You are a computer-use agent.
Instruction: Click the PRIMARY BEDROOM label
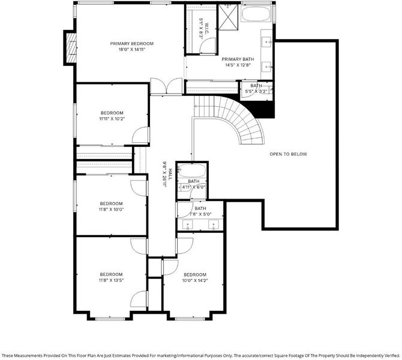click(132, 44)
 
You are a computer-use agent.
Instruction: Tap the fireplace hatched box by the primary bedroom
click(71, 47)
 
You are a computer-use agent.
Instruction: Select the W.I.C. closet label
click(206, 28)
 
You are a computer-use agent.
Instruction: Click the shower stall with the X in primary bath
click(229, 17)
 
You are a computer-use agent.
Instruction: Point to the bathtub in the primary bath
click(256, 14)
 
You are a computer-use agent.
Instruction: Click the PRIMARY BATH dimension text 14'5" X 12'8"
click(238, 65)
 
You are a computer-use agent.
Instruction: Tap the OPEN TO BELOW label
click(288, 154)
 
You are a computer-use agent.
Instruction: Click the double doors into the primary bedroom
click(166, 86)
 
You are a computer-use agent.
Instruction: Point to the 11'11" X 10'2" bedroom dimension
click(112, 119)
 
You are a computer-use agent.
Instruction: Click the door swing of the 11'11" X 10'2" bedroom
click(140, 135)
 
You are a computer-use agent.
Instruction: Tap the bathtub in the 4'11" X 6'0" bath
click(192, 170)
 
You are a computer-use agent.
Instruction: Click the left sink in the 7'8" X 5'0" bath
click(187, 224)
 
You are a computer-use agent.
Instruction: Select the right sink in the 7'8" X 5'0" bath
click(214, 224)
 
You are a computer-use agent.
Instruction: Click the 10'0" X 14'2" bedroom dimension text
click(195, 281)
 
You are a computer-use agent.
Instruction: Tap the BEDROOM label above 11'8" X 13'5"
click(111, 274)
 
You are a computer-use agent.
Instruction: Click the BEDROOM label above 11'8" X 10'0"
click(111, 203)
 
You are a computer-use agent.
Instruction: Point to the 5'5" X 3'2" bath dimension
click(256, 91)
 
